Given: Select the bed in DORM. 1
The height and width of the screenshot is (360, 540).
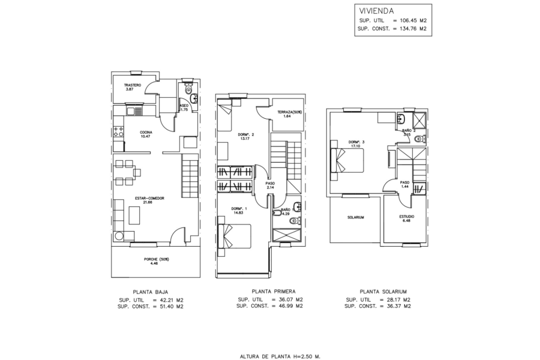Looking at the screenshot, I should point(235,235).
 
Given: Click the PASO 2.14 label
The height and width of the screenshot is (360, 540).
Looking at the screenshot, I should point(270,186).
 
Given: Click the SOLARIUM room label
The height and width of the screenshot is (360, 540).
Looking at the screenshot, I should point(356,217).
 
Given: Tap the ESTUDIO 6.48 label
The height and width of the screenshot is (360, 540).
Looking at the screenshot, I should point(406,218).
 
